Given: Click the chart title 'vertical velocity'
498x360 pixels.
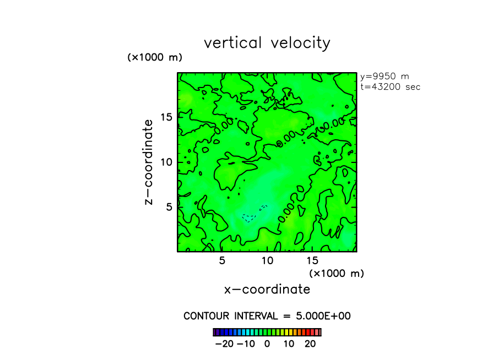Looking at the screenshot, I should (x=267, y=43).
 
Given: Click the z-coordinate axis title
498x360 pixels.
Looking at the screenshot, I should (x=148, y=162).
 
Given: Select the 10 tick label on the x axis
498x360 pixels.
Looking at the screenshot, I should (x=267, y=260).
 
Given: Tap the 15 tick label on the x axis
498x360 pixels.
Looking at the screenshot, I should (x=312, y=260).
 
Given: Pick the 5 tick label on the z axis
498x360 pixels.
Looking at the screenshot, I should (x=169, y=207).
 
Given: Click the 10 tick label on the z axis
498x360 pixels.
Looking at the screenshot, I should (x=166, y=162).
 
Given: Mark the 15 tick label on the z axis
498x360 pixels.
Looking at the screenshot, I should (x=166, y=117).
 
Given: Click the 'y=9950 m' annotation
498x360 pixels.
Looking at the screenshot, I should (x=385, y=77).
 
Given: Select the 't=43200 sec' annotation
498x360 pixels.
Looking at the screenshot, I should (x=390, y=86).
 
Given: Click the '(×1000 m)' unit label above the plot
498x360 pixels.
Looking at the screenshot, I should (x=155, y=57).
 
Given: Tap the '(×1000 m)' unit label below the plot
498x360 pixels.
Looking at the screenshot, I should (x=337, y=273).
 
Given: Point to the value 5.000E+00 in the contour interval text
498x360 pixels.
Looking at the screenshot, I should (x=324, y=316).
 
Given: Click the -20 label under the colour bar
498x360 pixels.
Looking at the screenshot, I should (x=224, y=344).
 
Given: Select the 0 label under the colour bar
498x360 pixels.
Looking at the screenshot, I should (x=267, y=344).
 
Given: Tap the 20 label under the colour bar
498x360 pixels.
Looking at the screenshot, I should (x=310, y=344).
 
